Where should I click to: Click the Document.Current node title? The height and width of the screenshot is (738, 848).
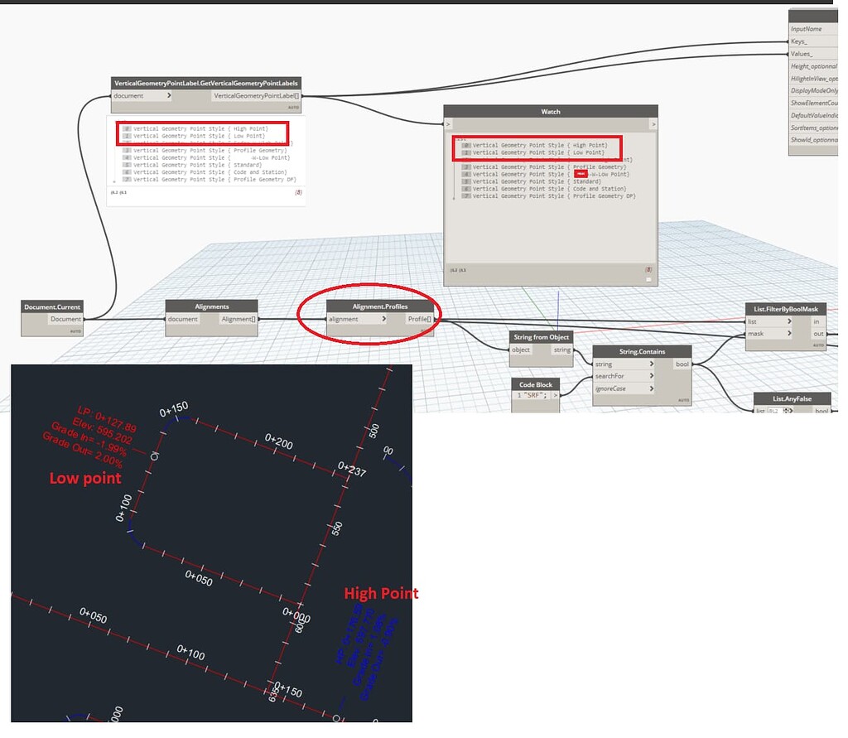(x=53, y=307)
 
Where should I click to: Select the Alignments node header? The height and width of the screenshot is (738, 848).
(x=211, y=306)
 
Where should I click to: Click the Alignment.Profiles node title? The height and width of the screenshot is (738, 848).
(x=379, y=306)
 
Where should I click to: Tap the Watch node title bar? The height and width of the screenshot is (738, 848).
(x=551, y=111)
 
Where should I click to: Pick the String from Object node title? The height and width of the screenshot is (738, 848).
(x=541, y=337)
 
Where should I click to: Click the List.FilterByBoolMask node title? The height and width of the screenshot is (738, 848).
(x=790, y=309)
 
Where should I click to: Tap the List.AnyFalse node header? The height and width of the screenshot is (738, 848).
(x=789, y=398)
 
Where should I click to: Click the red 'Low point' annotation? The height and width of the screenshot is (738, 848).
(x=85, y=478)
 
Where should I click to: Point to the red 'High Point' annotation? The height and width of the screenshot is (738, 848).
(x=381, y=593)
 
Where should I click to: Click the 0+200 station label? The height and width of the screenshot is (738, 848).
(x=279, y=441)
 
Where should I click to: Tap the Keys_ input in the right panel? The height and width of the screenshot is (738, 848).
(x=799, y=41)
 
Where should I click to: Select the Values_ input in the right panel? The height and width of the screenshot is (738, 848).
(x=802, y=54)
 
